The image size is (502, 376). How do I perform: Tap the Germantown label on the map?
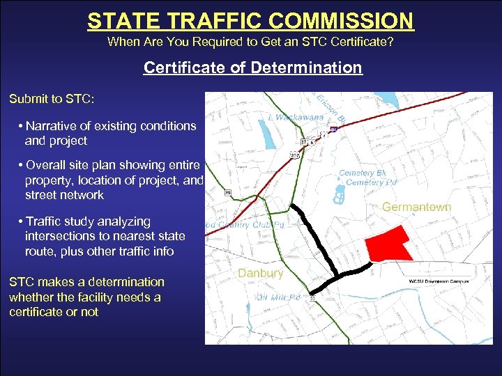[x=416, y=207]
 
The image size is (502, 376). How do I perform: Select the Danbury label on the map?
[x=260, y=273]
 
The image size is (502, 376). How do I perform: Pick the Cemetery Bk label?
[x=362, y=173]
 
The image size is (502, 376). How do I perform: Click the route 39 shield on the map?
[x=228, y=192]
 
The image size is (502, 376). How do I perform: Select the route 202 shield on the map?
[x=296, y=155]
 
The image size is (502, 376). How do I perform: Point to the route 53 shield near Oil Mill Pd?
[x=312, y=298]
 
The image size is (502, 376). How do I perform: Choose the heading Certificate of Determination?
[x=252, y=68]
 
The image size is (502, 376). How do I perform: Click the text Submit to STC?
[x=52, y=99]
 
